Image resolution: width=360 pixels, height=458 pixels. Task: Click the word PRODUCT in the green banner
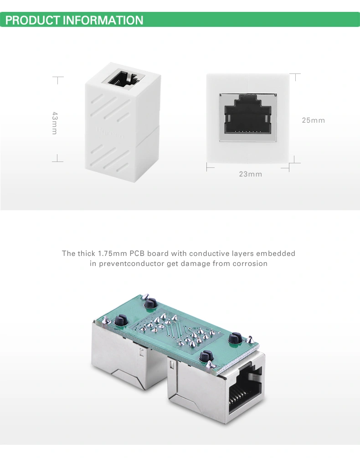[x=33, y=20]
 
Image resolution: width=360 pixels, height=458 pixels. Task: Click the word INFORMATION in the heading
[x=103, y=20]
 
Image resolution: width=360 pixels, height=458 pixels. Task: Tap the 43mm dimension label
[x=55, y=123]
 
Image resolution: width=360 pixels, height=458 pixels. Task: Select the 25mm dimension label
[x=314, y=120]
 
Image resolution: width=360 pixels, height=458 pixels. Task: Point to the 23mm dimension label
[x=251, y=174]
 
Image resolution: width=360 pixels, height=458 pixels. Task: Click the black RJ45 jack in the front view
[x=247, y=115]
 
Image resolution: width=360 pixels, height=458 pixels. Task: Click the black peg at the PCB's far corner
[x=150, y=304]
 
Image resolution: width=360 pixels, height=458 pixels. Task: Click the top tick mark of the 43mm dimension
[x=58, y=77]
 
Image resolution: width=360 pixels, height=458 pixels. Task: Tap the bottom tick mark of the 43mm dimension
[x=58, y=161]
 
